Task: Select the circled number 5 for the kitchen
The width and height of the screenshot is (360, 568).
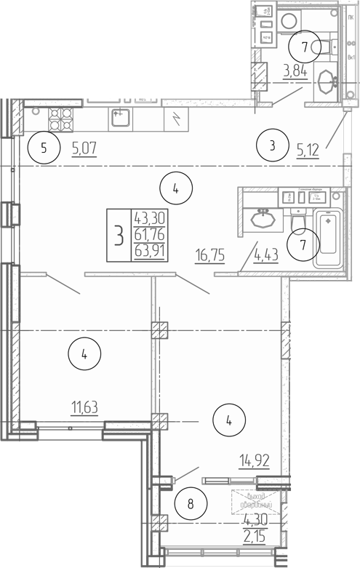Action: (44, 150)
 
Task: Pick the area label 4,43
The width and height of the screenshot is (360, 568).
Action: (266, 254)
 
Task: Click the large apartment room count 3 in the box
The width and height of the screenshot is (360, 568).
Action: (118, 235)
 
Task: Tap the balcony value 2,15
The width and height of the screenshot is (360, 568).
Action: (254, 536)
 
